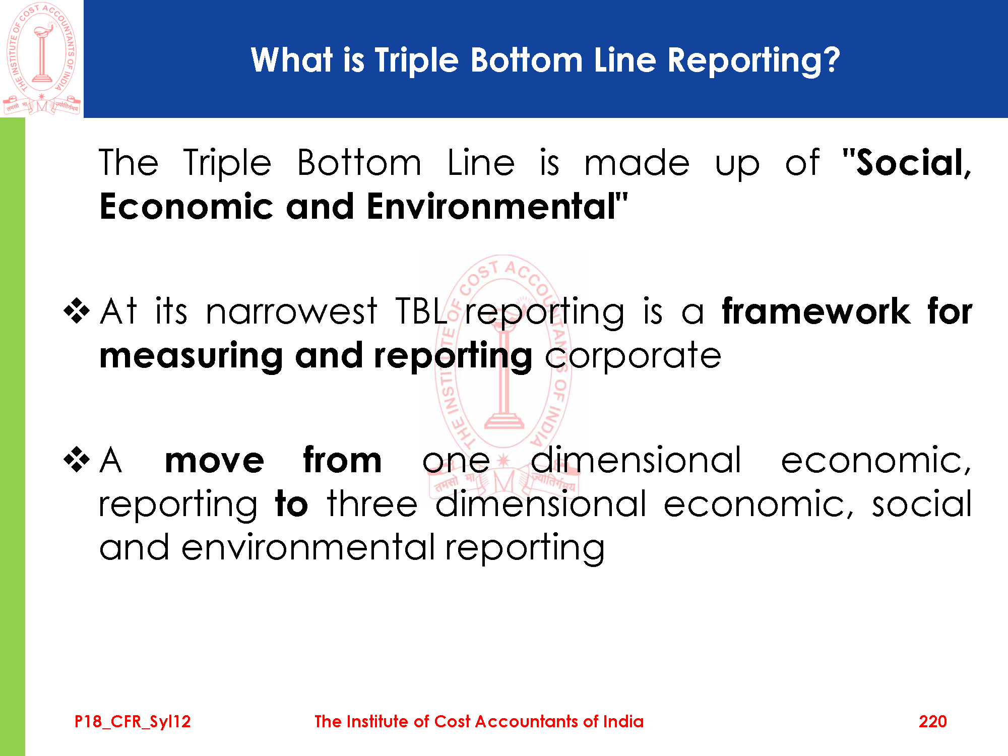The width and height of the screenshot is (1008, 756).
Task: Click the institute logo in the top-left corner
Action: [x=42, y=58]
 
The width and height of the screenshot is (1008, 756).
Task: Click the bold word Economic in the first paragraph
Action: [x=186, y=207]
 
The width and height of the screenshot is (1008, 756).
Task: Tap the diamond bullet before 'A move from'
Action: [x=77, y=460]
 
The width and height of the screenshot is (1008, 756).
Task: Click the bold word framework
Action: [x=816, y=311]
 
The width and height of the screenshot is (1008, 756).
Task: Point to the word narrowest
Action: [x=291, y=311]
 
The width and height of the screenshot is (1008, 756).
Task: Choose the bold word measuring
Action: [x=191, y=356]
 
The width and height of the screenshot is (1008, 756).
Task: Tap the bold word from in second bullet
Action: [x=342, y=459]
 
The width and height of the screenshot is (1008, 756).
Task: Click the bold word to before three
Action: [x=291, y=504]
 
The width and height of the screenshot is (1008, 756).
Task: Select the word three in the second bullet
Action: [x=372, y=503]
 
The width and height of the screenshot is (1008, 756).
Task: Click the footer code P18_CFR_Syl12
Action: [x=133, y=722]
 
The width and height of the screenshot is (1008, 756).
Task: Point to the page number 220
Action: [x=932, y=721]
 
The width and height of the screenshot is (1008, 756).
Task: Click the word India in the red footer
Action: [x=623, y=721]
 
